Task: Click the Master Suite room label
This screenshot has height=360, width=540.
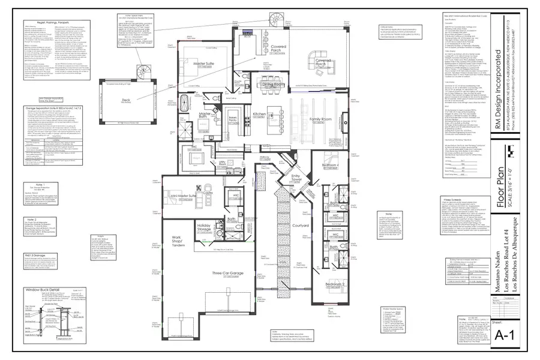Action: pyautogui.click(x=205, y=63)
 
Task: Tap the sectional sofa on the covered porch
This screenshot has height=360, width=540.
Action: pyautogui.click(x=319, y=59)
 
